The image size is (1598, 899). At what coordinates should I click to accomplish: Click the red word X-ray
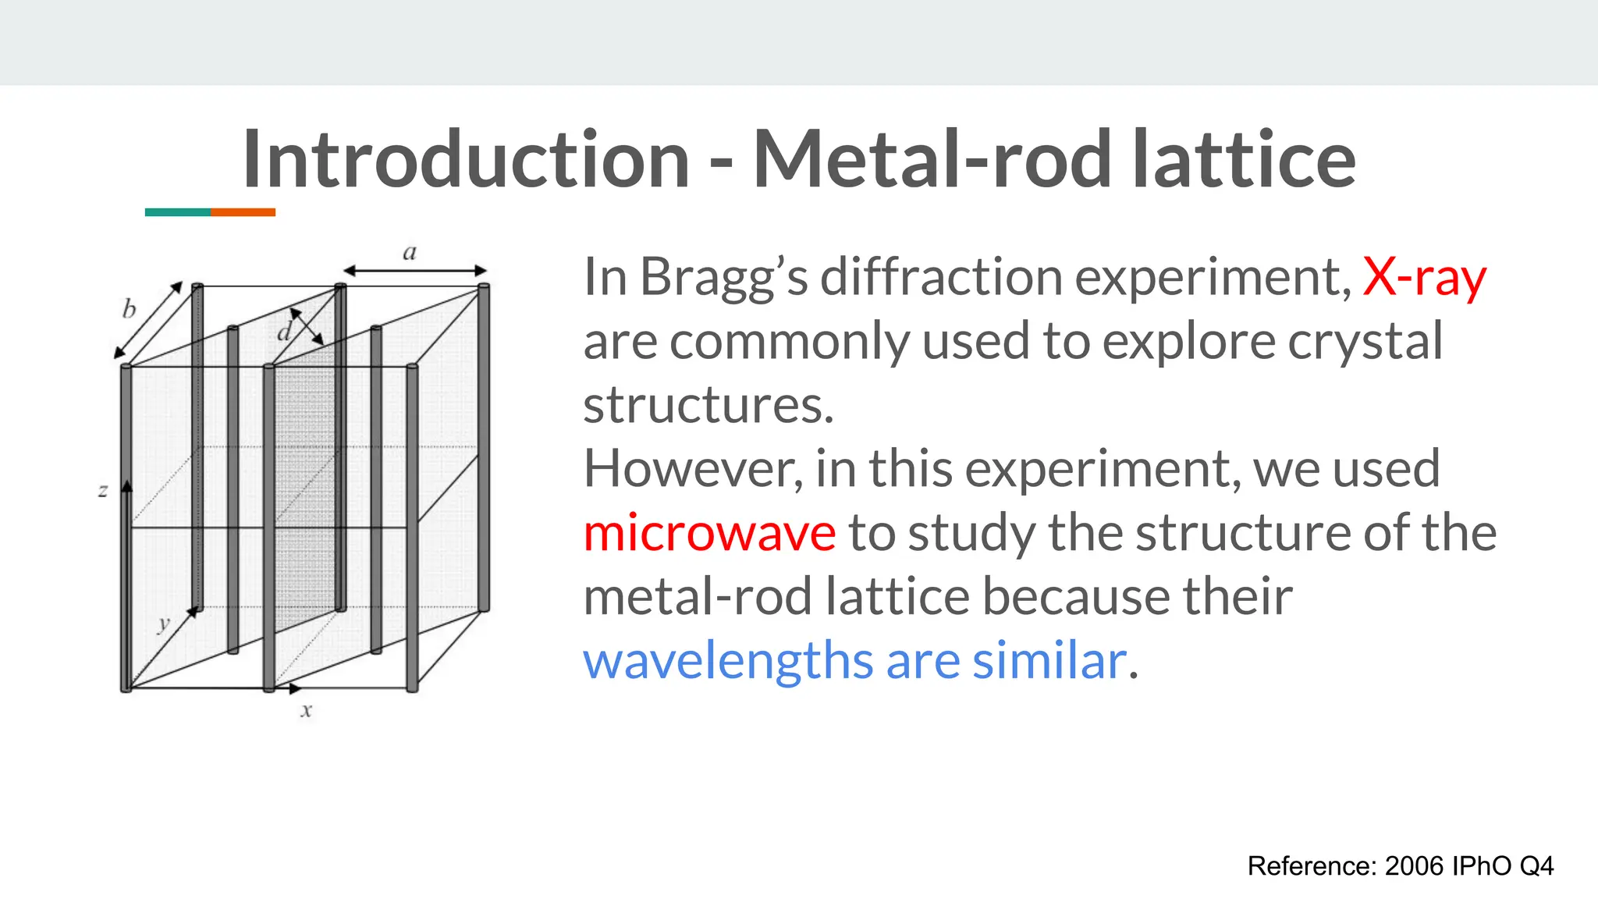coord(1424,277)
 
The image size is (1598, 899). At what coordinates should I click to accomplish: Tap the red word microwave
coord(709,533)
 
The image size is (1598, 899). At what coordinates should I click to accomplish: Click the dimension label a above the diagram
coord(410,252)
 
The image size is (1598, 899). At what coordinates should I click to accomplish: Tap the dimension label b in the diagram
coord(129,310)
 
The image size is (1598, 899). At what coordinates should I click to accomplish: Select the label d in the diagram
coord(285,333)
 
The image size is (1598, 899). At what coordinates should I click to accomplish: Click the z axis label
coord(103,491)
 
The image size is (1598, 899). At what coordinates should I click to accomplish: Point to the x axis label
coord(307,711)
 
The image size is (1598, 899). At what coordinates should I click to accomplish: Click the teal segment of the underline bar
coord(177,212)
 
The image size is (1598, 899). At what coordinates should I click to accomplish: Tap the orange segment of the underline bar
coord(243,212)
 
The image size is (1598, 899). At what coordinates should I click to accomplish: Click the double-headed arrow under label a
coord(415,271)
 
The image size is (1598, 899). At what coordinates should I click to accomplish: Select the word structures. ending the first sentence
coord(708,406)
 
